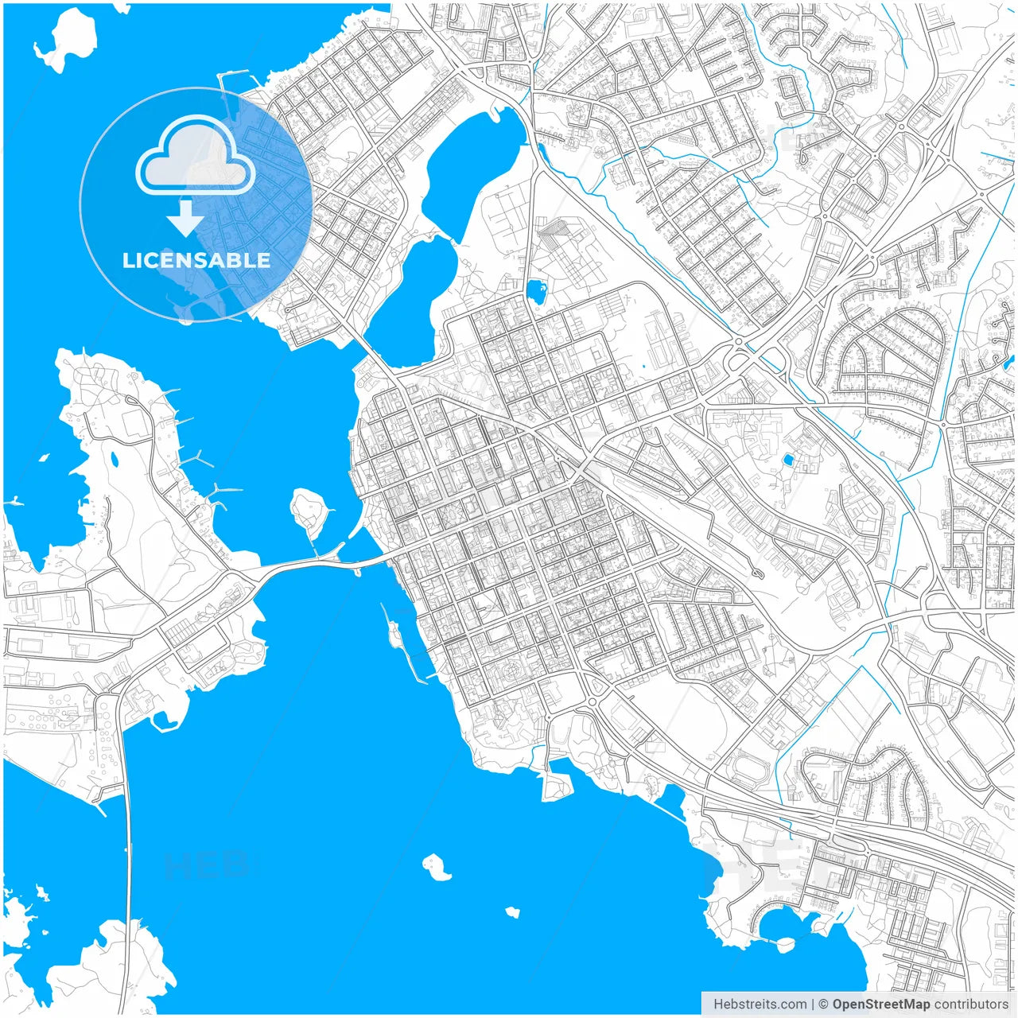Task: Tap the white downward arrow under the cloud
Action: tap(186, 218)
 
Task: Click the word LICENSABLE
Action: tap(196, 260)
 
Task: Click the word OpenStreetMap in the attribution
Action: tap(880, 1004)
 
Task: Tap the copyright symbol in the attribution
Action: tap(824, 1004)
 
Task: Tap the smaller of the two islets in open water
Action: tap(512, 912)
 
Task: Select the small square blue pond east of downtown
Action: tap(788, 460)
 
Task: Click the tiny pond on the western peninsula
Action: tap(115, 459)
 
